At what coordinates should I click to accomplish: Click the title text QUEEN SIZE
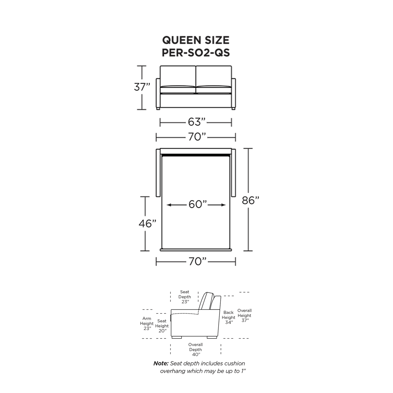pos(196,40)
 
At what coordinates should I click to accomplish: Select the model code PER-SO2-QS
pos(196,53)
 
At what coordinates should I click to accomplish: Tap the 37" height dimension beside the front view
pos(142,87)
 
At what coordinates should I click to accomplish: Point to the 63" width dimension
pos(196,122)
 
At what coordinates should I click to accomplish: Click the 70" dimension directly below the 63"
pos(197,137)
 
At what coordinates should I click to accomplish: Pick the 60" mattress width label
pos(198,204)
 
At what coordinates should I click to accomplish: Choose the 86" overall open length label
pos(250,200)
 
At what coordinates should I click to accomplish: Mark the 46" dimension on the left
pos(147,223)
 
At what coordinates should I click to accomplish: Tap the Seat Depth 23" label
pos(185,297)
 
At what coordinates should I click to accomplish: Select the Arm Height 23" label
pos(147,323)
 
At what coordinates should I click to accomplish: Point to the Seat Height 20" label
pos(162,326)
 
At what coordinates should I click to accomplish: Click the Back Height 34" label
pos(228,317)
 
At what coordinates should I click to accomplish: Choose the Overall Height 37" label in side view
pos(244,315)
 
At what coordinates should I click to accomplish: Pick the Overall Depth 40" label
pos(195,350)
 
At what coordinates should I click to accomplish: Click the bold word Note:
pos(161,363)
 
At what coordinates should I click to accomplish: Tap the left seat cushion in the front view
pos(178,90)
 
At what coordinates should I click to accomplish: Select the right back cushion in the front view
pos(214,76)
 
